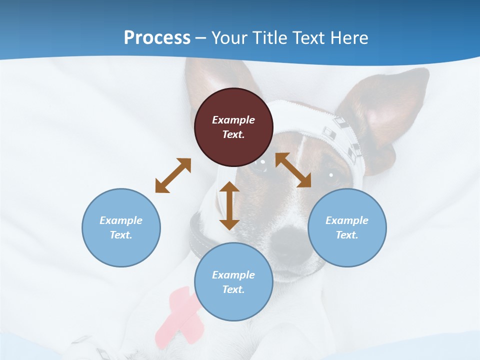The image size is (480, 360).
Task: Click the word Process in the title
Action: pos(157,38)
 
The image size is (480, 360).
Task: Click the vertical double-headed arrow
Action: pos(229,205)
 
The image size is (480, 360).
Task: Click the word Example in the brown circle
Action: pos(233,120)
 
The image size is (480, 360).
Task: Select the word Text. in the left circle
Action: pos(121,235)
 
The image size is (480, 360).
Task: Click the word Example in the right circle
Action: pos(347,220)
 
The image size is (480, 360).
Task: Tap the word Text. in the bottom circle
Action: pos(233,289)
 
